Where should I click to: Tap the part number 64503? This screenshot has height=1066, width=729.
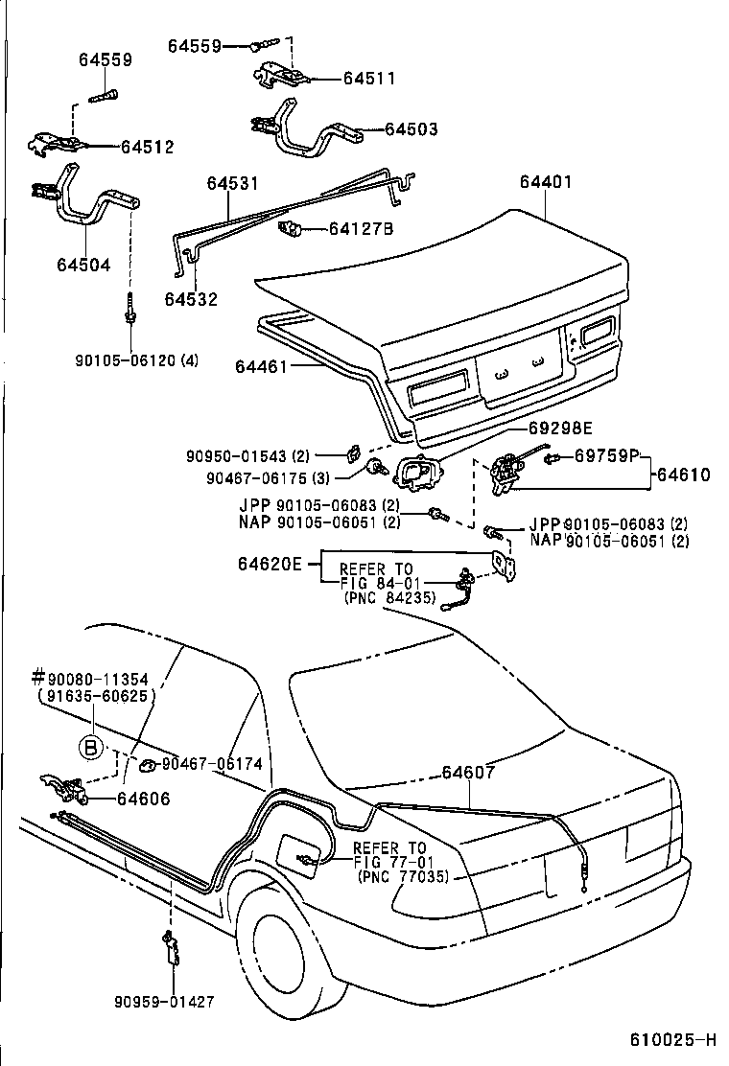pyautogui.click(x=412, y=128)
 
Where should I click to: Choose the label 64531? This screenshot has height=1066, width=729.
pyautogui.click(x=231, y=182)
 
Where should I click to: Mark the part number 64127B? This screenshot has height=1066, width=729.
pyautogui.click(x=361, y=229)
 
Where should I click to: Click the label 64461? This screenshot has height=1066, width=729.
pyautogui.click(x=262, y=365)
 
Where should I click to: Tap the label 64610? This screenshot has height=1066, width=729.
pyautogui.click(x=685, y=475)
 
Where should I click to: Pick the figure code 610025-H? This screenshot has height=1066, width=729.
pyautogui.click(x=672, y=1040)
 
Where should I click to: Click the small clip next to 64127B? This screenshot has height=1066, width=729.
pyautogui.click(x=289, y=230)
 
